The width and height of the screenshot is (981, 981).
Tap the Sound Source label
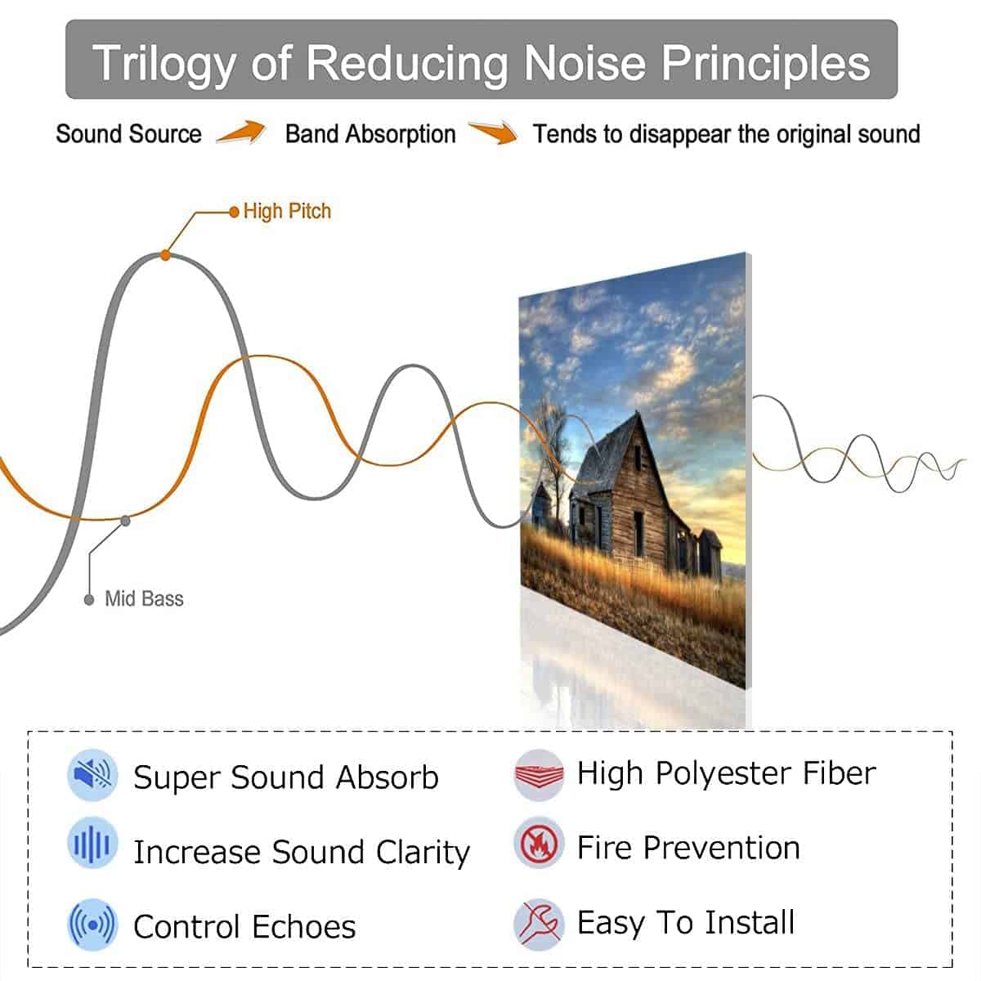pyautogui.click(x=129, y=134)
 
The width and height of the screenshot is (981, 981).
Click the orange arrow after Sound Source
pyautogui.click(x=241, y=132)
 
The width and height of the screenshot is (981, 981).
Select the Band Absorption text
pyautogui.click(x=370, y=135)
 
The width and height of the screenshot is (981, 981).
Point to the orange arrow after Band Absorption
pyautogui.click(x=493, y=132)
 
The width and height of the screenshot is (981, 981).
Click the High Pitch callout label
pyautogui.click(x=287, y=211)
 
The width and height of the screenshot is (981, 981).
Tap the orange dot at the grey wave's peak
pyautogui.click(x=165, y=255)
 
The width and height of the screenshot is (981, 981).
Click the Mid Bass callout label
pyautogui.click(x=144, y=598)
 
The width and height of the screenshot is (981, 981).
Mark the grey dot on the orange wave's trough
pyautogui.click(x=125, y=521)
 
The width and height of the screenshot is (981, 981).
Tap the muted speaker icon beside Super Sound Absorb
pyautogui.click(x=92, y=775)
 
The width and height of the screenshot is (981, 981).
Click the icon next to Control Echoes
pyautogui.click(x=92, y=925)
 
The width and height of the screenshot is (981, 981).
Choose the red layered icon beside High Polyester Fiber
pyautogui.click(x=539, y=775)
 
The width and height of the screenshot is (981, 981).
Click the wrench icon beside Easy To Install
pyautogui.click(x=539, y=925)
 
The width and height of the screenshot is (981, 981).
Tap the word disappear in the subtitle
pyautogui.click(x=680, y=135)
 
